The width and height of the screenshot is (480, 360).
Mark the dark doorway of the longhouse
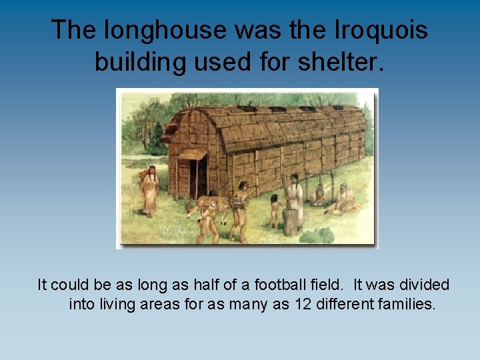pos(197,178)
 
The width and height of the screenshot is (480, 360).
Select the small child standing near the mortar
pos(274,210)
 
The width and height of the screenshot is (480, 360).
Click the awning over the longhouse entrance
pos(192,155)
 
